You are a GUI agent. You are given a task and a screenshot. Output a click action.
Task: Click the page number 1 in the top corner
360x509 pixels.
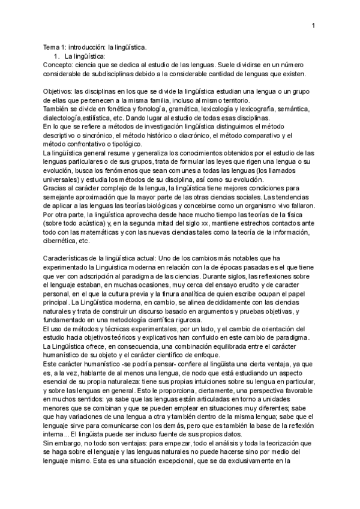pyautogui.click(x=314, y=25)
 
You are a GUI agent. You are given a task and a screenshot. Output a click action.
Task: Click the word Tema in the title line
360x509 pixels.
pyautogui.click(x=53, y=47)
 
